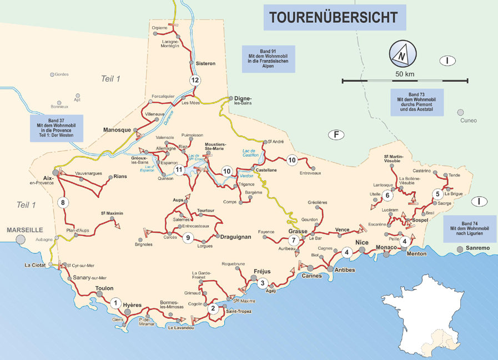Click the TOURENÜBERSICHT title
334,17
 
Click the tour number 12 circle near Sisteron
194,81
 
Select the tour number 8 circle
64,202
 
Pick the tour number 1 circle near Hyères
115,303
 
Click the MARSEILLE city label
24,229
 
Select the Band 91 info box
269,59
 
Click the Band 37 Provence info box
57,128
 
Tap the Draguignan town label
236,237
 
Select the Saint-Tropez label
238,312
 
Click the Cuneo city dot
460,112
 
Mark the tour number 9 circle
188,238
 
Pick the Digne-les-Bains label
243,100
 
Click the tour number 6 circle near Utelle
388,195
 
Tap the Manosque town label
117,130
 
